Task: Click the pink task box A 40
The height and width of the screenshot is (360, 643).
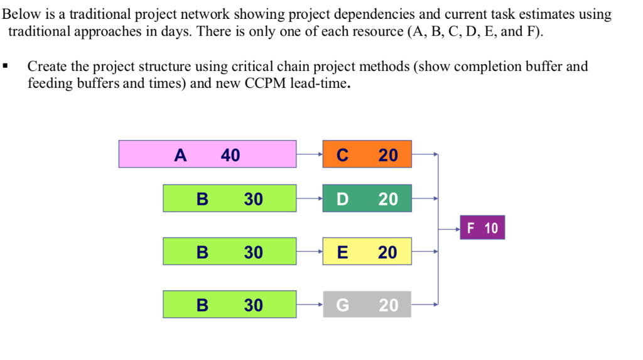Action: pos(207,154)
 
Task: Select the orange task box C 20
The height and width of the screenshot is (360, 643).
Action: pos(367,154)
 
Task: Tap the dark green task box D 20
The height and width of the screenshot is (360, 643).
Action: pos(367,199)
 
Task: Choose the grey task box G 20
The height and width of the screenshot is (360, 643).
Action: pos(367,305)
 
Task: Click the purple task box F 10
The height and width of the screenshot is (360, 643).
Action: pos(482,228)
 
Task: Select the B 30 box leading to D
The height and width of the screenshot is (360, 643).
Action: pos(230,199)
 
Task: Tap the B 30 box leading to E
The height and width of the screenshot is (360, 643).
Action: pos(230,251)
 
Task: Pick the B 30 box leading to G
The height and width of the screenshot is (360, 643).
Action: pos(230,305)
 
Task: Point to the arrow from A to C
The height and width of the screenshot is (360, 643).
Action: pos(310,154)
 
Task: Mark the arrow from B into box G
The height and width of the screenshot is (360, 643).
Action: pos(310,305)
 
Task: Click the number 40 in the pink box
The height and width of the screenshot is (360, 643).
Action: pos(230,155)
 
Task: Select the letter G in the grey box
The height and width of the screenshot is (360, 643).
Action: pos(342,305)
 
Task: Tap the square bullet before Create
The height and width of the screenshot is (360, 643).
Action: pos(5,66)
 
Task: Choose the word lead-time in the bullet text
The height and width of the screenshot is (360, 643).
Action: pos(317,83)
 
